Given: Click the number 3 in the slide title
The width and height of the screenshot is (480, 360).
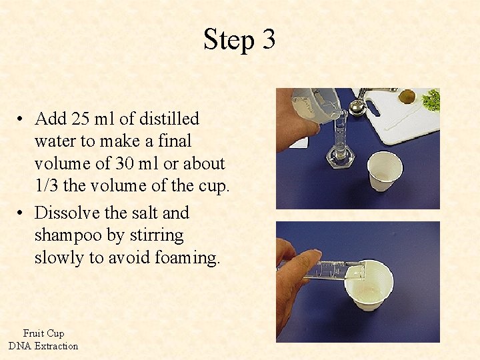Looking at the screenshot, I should pyautogui.click(x=268, y=40).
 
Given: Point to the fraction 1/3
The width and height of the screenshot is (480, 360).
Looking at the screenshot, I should pyautogui.click(x=47, y=186).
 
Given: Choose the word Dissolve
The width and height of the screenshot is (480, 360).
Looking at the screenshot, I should pyautogui.click(x=65, y=213).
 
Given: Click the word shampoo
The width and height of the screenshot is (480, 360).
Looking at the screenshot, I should pyautogui.click(x=66, y=235).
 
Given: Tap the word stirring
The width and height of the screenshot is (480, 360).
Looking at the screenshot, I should pyautogui.click(x=153, y=235).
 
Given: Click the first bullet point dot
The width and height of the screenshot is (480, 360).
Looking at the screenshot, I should pyautogui.click(x=22, y=120).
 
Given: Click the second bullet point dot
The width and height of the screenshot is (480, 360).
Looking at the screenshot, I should pyautogui.click(x=22, y=214).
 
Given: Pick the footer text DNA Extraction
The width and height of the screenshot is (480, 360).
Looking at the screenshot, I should pyautogui.click(x=43, y=346).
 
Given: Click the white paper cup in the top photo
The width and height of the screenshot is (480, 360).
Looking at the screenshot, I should pyautogui.click(x=385, y=170).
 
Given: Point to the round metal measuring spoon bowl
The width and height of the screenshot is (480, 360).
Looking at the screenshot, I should pyautogui.click(x=358, y=106).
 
